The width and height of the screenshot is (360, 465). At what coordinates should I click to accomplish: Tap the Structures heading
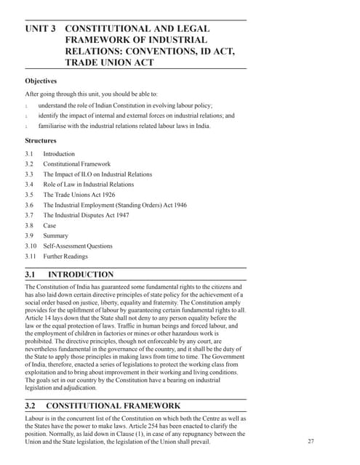pyautogui.click(x=41, y=140)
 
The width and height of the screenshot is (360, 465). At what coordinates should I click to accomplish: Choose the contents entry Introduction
pyautogui.click(x=59, y=154)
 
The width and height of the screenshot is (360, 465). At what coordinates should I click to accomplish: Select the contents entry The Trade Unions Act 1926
pyautogui.click(x=79, y=195)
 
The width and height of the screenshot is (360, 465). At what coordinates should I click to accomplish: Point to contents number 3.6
pyautogui.click(x=29, y=205)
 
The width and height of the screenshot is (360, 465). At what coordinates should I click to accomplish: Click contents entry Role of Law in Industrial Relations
pyautogui.click(x=88, y=185)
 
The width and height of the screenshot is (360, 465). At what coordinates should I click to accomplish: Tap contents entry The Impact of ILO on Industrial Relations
pyautogui.click(x=97, y=174)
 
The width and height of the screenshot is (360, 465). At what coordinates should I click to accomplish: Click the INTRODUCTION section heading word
pyautogui.click(x=80, y=275)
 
